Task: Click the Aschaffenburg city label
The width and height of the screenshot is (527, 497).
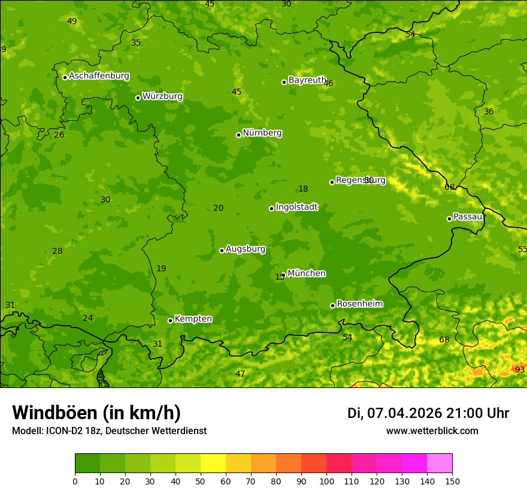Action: (99, 76)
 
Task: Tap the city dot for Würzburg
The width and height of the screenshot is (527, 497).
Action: (138, 98)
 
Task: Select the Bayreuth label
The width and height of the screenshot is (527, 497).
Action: (307, 80)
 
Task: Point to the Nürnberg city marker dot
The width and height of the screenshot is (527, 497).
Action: (238, 135)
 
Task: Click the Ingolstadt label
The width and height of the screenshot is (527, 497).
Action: (296, 207)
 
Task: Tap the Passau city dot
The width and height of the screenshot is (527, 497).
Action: (449, 219)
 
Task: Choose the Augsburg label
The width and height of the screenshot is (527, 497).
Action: (246, 249)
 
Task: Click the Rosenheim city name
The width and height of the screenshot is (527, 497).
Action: (359, 304)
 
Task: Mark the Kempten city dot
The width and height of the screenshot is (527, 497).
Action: (170, 320)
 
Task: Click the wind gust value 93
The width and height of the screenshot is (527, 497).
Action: (520, 370)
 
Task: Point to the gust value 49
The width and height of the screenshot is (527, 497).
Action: (72, 22)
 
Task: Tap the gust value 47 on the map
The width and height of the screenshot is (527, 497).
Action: (240, 374)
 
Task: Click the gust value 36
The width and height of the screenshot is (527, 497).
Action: (489, 112)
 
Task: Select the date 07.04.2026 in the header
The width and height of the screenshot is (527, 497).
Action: (404, 413)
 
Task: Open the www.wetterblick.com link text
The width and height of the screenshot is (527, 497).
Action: (432, 431)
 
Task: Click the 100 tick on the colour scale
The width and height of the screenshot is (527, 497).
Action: (326, 481)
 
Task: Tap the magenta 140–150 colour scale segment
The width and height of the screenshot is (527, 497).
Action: (440, 463)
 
